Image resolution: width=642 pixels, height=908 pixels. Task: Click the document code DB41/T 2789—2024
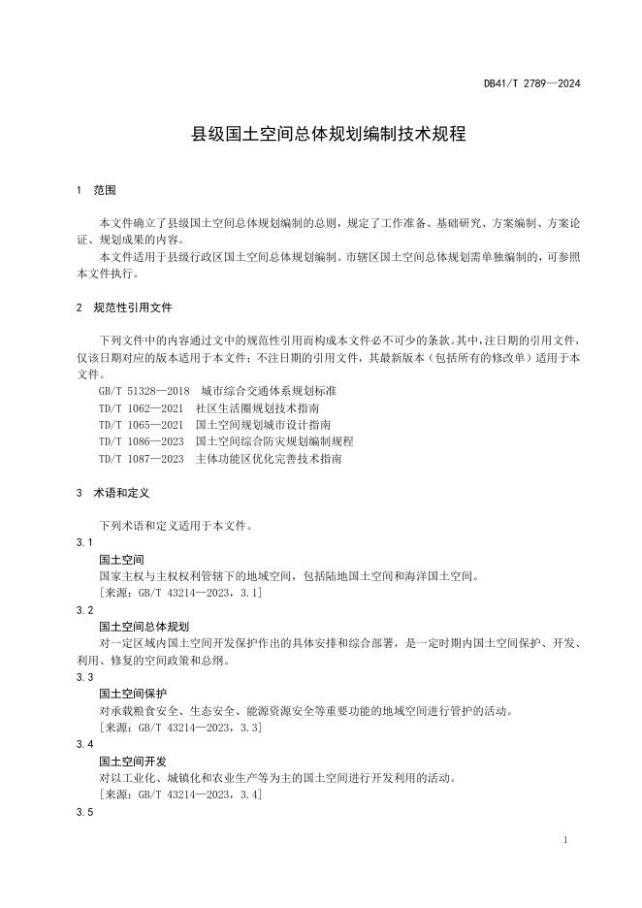point(531,83)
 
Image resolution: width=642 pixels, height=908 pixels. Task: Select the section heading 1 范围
point(97,190)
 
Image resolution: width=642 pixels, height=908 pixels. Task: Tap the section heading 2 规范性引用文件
point(123,308)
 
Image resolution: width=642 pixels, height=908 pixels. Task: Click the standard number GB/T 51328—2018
point(144,390)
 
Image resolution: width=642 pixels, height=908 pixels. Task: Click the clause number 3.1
point(84,542)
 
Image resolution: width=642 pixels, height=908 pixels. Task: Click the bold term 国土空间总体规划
point(144,627)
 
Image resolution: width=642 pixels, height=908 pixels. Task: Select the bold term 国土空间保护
point(133,694)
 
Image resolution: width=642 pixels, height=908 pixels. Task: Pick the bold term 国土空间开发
point(133,761)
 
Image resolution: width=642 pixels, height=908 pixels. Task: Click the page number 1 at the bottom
point(564,839)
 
